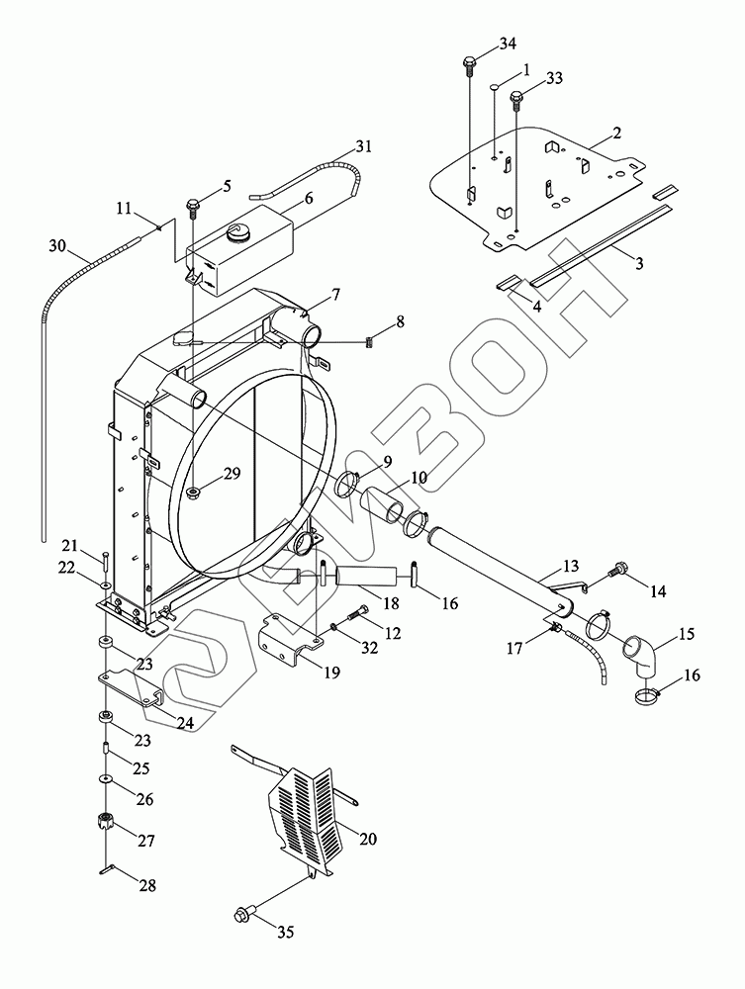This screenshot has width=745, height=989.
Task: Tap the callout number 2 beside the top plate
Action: coord(616,133)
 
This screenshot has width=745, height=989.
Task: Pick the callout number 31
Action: coord(364,147)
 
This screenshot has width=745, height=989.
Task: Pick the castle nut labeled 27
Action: coord(105,821)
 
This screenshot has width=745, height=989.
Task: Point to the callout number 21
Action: coord(68,546)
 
